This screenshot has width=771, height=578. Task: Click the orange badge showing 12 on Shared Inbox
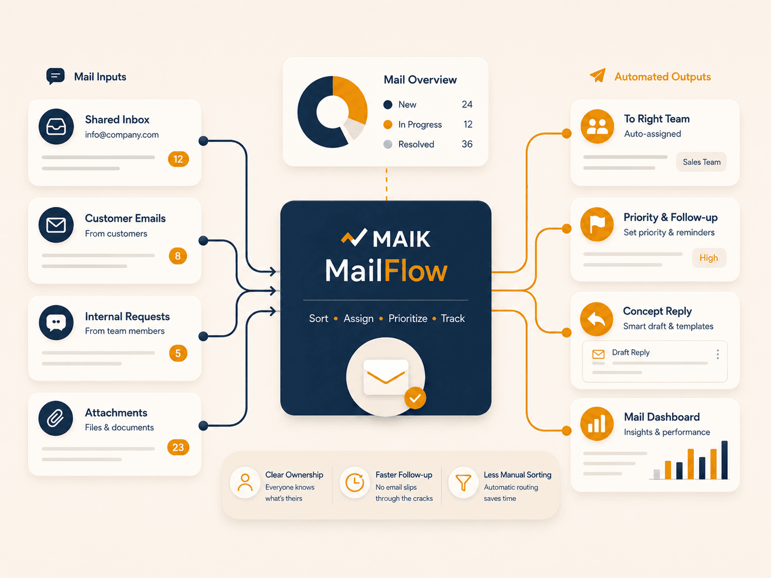[x=178, y=159]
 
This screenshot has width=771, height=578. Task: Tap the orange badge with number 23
[x=178, y=447]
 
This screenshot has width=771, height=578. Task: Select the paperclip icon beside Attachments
[x=56, y=418]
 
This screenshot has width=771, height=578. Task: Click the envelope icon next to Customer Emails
[x=56, y=225]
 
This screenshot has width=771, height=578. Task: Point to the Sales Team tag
[x=701, y=162]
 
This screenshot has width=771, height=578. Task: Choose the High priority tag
[x=709, y=258]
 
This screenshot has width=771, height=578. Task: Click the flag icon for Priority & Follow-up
[x=597, y=224]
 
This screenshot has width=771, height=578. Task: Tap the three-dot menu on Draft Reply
[x=718, y=354]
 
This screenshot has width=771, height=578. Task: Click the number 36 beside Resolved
[x=467, y=144]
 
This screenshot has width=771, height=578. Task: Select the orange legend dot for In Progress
[x=388, y=125]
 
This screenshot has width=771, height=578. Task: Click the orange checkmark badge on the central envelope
[x=415, y=398]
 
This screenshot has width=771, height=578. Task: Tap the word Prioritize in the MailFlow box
[x=408, y=318]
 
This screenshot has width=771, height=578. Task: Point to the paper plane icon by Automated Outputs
[x=597, y=75]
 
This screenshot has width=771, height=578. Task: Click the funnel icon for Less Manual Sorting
[x=463, y=482]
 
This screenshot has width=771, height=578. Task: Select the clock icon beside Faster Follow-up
[x=355, y=482]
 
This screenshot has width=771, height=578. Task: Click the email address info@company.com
[x=122, y=135]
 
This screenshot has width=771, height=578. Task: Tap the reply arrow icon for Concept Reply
[x=597, y=319]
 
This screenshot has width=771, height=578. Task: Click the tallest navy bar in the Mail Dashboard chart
[x=724, y=460]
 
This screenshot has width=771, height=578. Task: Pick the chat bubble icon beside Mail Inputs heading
[x=55, y=76]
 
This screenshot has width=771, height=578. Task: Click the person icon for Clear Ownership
[x=245, y=482]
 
